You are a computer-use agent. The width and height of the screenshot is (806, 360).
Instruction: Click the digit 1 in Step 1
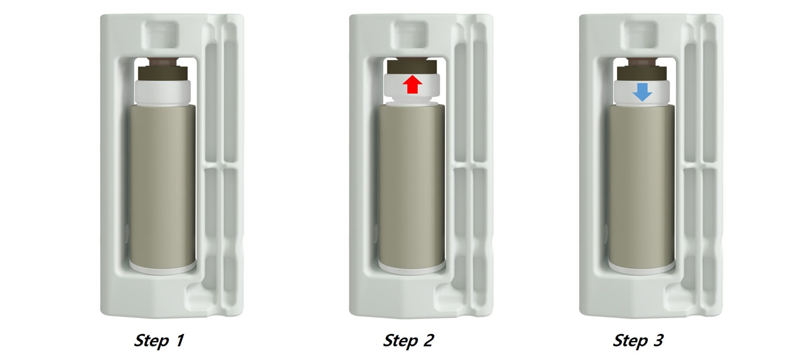point(180,340)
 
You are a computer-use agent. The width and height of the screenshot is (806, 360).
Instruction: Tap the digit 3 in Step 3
point(658,340)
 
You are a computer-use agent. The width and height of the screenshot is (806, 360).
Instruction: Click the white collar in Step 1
point(163,93)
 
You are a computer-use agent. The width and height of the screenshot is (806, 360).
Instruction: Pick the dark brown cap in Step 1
point(163,70)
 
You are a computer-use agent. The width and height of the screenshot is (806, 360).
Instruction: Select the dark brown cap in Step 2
point(412,67)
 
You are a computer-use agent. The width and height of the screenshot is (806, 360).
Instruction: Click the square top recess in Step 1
point(160,34)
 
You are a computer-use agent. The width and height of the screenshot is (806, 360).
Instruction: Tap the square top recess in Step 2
point(409,34)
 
